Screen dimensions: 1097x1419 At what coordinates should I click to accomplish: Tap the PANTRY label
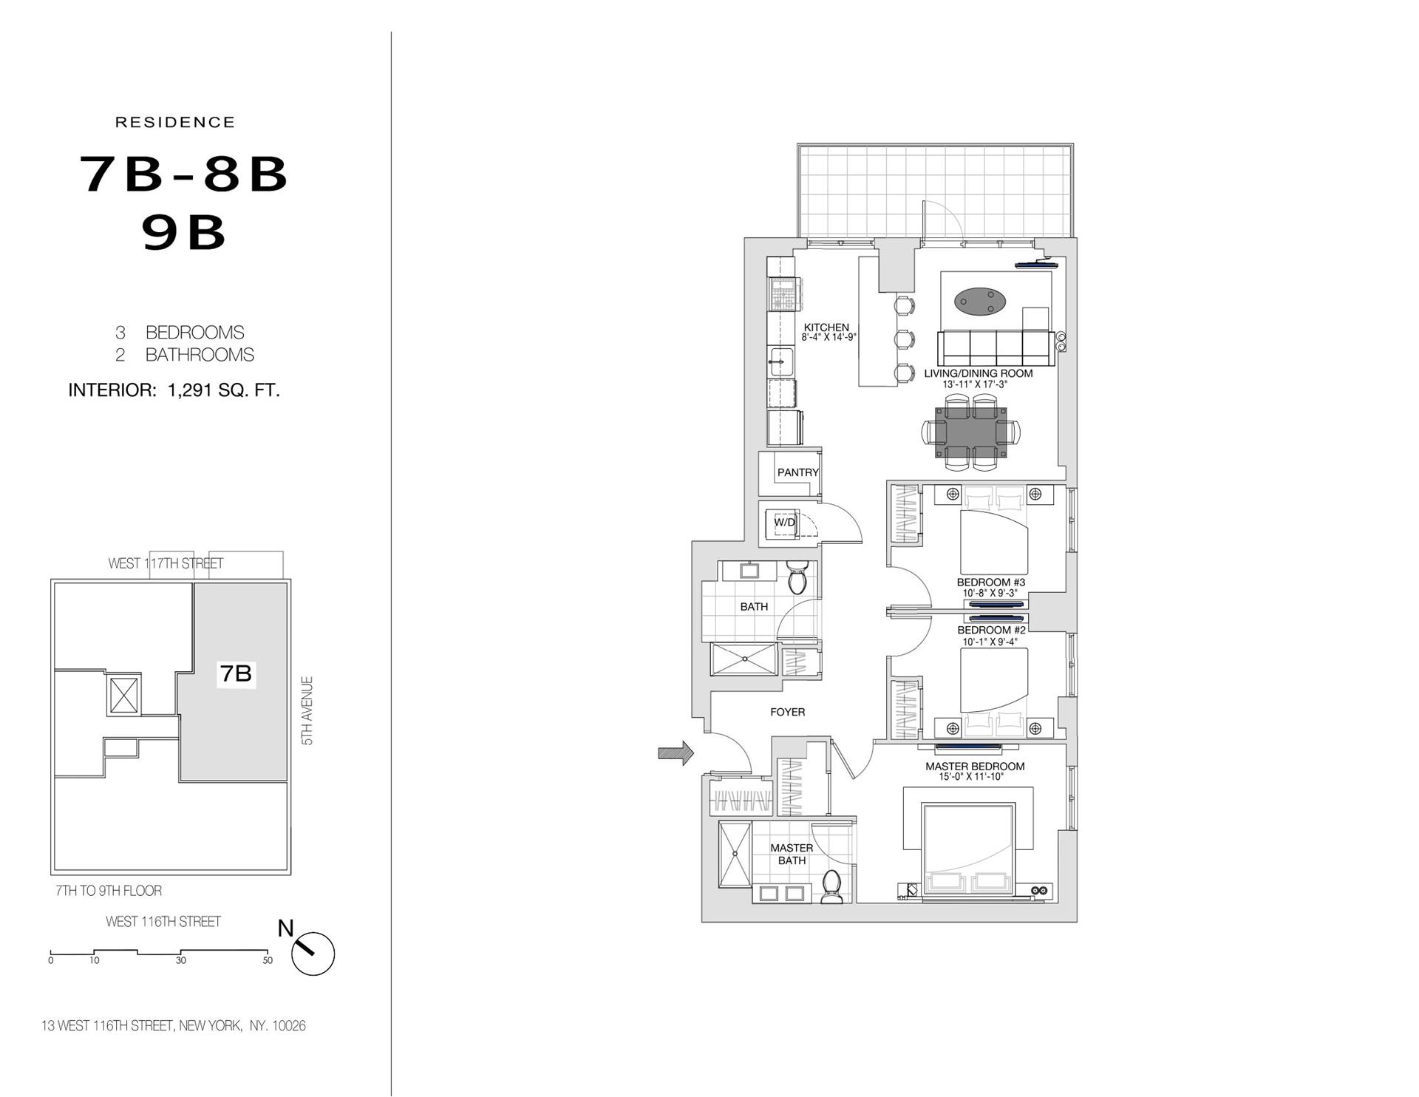tap(797, 472)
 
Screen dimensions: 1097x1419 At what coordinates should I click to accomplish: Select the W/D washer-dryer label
tap(784, 523)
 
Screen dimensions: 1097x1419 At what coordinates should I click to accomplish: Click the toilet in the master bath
tap(832, 886)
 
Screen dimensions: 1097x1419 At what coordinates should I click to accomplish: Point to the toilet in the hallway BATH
tap(797, 578)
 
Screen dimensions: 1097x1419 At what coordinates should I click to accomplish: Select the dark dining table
tap(970, 431)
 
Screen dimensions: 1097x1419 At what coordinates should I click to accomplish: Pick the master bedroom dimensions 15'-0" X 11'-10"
tap(975, 777)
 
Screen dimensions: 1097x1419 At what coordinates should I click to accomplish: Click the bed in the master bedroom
tap(967, 850)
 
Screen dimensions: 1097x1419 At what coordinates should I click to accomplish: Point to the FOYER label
tap(787, 712)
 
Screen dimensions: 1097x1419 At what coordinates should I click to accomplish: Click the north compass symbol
tap(313, 953)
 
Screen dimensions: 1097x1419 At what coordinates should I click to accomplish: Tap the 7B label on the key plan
tap(236, 673)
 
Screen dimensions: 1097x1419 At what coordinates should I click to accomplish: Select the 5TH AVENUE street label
tap(307, 710)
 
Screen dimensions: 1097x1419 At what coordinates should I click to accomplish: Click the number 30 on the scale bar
tap(181, 960)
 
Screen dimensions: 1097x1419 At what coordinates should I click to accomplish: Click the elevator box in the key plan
tap(123, 695)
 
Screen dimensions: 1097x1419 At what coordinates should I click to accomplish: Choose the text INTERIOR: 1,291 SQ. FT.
tap(174, 390)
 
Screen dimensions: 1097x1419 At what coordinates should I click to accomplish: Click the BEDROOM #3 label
tap(990, 583)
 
